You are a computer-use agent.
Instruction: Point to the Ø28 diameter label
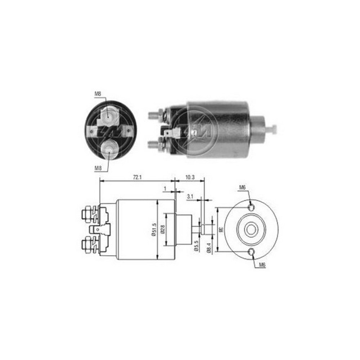pyautogui.click(x=162, y=229)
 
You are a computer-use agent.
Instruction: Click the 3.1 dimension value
pyautogui.click(x=190, y=197)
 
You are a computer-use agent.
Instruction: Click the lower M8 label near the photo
pyautogui.click(x=98, y=167)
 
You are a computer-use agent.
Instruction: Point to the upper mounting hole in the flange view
pyautogui.click(x=252, y=207)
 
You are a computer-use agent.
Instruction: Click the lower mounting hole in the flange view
pyautogui.click(x=252, y=252)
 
